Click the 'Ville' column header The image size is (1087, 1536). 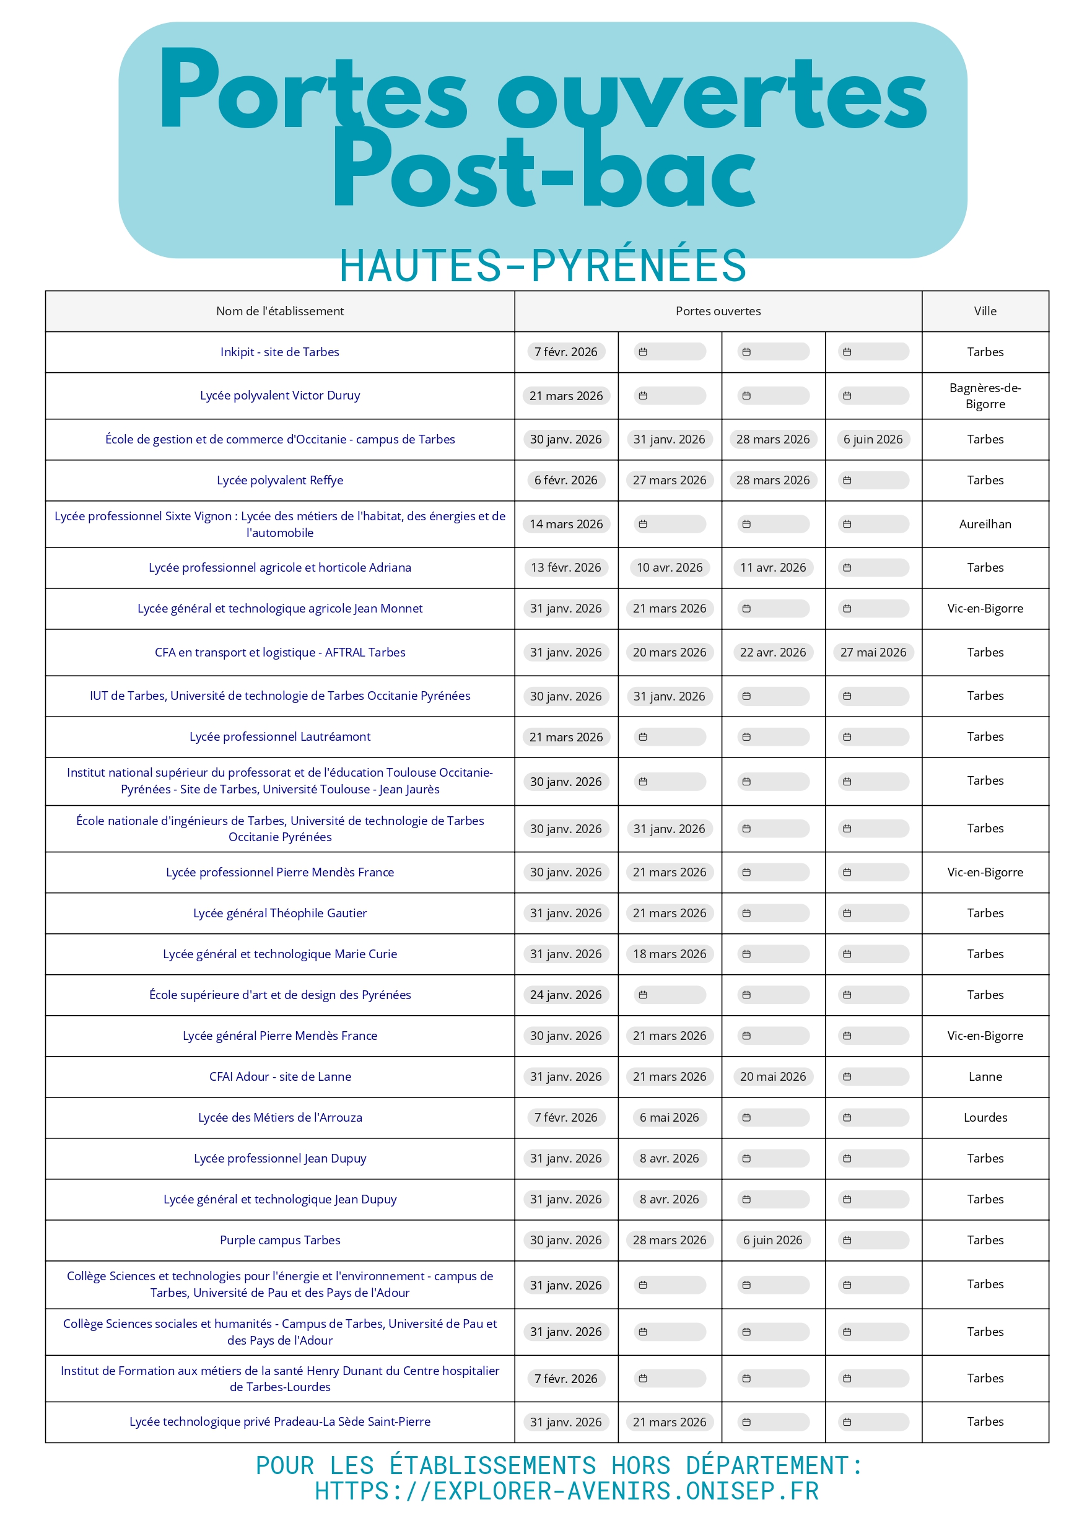click(985, 311)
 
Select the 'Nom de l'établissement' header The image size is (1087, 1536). click(280, 311)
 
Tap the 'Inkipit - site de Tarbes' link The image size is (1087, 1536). click(280, 352)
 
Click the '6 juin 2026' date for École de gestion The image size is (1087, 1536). click(873, 440)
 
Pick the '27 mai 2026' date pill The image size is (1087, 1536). click(873, 653)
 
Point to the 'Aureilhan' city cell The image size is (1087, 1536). click(985, 524)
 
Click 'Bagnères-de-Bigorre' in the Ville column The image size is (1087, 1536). click(985, 396)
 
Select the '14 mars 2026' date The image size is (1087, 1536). click(565, 524)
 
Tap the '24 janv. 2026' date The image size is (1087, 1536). click(565, 995)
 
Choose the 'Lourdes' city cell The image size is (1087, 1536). click(985, 1117)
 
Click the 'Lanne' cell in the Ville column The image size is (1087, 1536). click(985, 1076)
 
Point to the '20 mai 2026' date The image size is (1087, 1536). click(772, 1076)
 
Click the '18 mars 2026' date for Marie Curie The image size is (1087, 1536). click(670, 954)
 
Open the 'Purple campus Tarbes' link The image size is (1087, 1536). click(280, 1240)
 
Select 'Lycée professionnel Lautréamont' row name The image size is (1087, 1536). click(280, 736)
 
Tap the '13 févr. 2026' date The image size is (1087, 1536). click(565, 567)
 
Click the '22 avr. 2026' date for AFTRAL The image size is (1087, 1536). click(772, 653)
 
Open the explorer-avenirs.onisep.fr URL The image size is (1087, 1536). click(566, 1491)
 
